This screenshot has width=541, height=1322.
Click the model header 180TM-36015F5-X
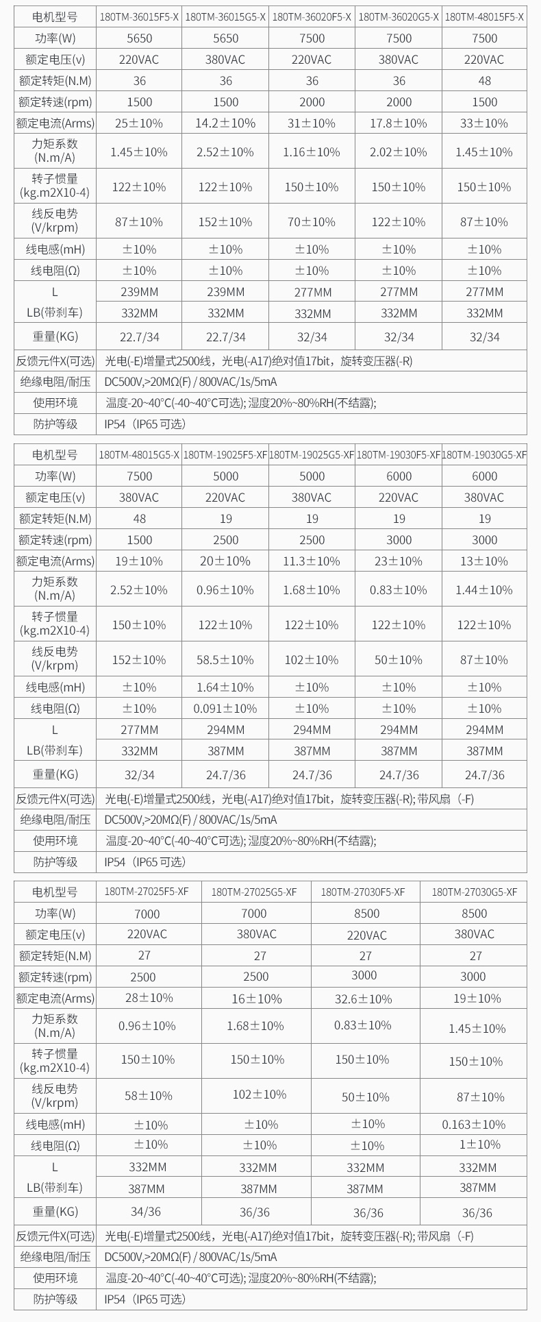click(x=140, y=17)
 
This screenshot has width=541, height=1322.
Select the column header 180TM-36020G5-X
click(x=399, y=17)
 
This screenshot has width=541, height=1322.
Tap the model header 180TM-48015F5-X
click(x=485, y=17)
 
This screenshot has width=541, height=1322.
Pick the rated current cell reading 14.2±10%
click(x=226, y=123)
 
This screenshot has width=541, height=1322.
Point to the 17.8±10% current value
click(x=399, y=123)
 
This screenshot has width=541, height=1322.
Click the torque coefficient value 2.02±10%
click(x=399, y=152)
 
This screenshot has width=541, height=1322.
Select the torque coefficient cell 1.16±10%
click(x=312, y=152)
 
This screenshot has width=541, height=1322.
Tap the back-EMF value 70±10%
click(x=312, y=222)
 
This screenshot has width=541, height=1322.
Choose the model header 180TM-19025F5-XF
click(x=225, y=454)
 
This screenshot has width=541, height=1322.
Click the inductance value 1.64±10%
click(x=225, y=687)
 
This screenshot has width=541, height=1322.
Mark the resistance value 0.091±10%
click(x=225, y=709)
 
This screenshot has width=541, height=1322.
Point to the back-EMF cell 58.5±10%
click(x=225, y=660)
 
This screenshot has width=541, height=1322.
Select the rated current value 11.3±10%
click(x=312, y=561)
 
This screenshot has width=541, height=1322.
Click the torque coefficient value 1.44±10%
click(x=484, y=590)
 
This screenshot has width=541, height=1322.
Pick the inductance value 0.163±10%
click(x=474, y=1125)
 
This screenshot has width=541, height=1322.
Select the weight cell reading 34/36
click(x=147, y=1212)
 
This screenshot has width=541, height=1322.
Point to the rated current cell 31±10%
click(x=312, y=123)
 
